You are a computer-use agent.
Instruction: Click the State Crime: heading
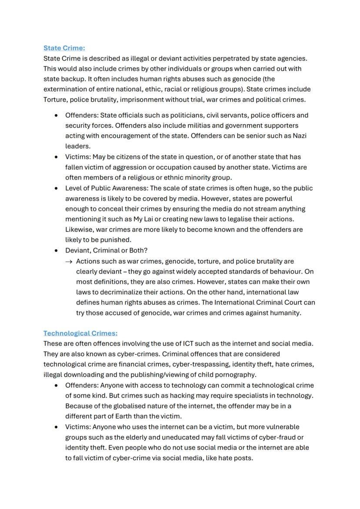[x=64, y=48]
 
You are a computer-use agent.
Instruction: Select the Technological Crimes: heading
[x=80, y=333]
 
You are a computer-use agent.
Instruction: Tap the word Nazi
[x=299, y=136]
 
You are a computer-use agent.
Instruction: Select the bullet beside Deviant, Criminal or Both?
[x=56, y=251]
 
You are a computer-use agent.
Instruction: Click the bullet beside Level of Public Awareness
[x=56, y=189]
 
